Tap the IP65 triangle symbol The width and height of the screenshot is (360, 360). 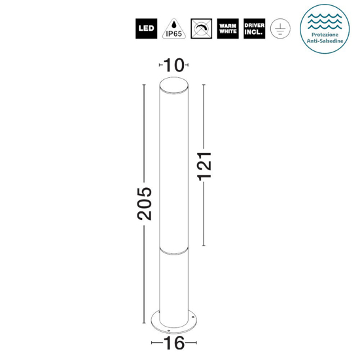[x=172, y=28]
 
